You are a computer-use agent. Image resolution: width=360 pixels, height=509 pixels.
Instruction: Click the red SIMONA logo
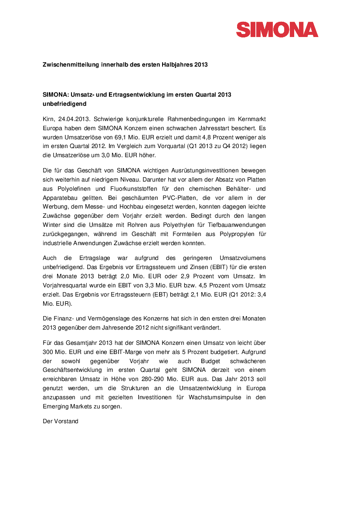pyautogui.click(x=277, y=30)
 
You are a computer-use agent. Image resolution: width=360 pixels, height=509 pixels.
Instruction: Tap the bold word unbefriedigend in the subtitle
pyautogui.click(x=65, y=104)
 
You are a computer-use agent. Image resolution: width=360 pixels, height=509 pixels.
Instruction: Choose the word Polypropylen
pyautogui.click(x=234, y=234)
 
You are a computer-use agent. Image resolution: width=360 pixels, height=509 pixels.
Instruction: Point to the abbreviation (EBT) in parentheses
pyautogui.click(x=161, y=294)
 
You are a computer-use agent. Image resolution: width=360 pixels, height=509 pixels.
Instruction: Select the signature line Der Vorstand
pyautogui.click(x=61, y=421)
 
